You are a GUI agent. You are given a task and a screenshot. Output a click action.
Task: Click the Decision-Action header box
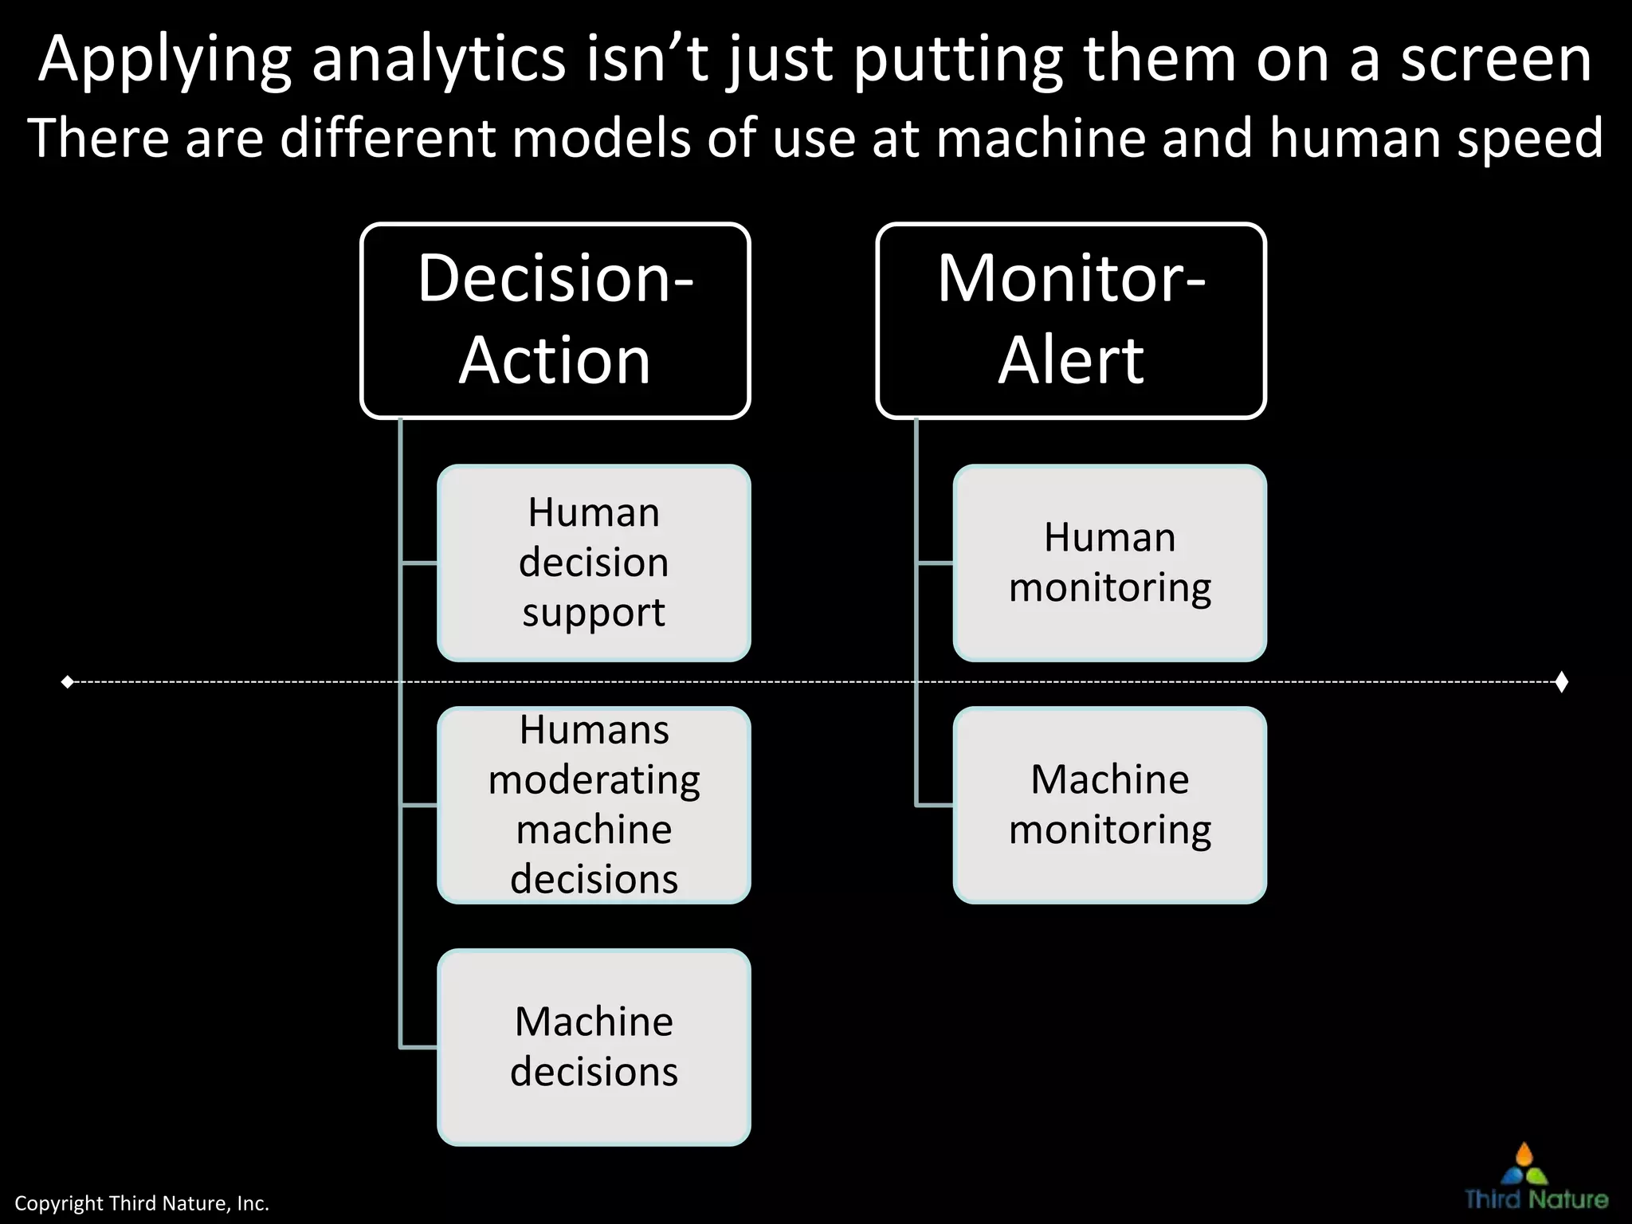[x=555, y=320]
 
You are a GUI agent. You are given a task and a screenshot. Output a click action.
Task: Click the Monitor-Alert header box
[x=1071, y=320]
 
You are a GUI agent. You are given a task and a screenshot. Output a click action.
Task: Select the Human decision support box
[x=594, y=563]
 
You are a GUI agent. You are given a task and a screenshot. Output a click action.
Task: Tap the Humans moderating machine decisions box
[x=594, y=805]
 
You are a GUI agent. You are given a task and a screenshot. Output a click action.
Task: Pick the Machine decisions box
[x=594, y=1047]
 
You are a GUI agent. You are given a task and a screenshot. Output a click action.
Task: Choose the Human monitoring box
[x=1109, y=563]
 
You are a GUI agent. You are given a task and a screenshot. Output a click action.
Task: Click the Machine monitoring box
[x=1109, y=805]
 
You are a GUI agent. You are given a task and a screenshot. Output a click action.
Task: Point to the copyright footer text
[x=142, y=1203]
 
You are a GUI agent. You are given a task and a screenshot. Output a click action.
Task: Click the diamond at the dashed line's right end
[x=1562, y=682]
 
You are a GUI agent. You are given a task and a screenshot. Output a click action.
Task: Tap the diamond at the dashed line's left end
[x=68, y=682]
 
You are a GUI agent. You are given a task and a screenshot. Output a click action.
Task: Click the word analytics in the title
[x=438, y=60]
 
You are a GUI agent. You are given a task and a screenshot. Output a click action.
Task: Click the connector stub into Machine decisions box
[x=418, y=1047]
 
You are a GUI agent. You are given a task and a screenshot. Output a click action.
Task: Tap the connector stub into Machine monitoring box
[x=934, y=806]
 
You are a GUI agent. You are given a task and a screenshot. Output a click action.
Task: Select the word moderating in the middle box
[x=594, y=779]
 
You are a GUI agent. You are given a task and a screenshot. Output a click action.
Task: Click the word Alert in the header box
[x=1071, y=360]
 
